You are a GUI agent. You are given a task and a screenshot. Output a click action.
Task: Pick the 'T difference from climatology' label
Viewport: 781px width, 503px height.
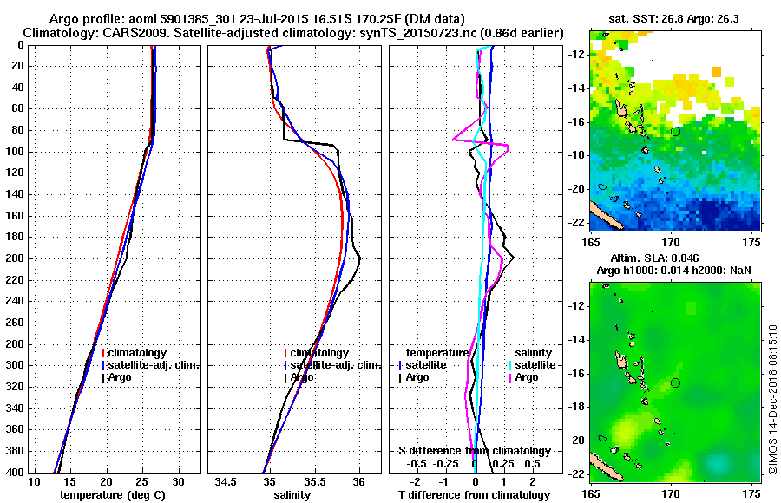(x=474, y=494)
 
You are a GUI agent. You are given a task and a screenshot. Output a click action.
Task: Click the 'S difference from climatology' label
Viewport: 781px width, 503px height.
(x=474, y=451)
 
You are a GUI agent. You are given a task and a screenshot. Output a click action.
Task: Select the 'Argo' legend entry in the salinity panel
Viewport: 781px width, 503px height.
(x=302, y=377)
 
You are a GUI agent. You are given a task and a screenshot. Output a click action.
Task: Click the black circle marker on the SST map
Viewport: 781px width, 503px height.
(x=675, y=131)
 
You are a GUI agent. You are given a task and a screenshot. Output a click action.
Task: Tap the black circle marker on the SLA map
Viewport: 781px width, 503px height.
(x=675, y=382)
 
